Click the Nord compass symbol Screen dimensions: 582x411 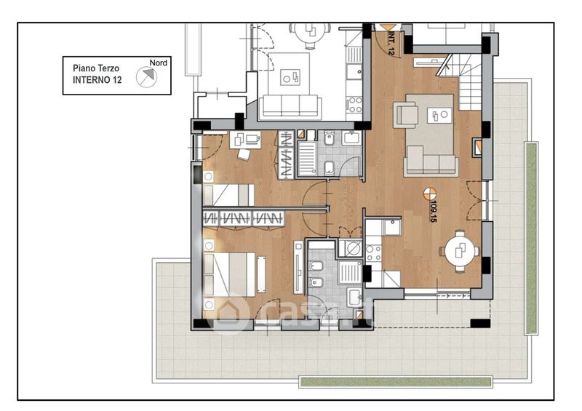point(146,77)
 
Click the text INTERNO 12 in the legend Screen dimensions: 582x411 point(97,80)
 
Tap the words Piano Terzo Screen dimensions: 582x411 point(96,68)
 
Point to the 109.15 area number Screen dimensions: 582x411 point(432,212)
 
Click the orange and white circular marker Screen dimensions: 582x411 point(430,193)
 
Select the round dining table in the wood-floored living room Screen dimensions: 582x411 point(460,252)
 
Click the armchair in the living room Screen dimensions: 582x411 point(407,115)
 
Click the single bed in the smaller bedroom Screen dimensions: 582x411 point(228,194)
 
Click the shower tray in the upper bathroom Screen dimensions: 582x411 point(307,158)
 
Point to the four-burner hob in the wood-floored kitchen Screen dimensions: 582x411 point(373,253)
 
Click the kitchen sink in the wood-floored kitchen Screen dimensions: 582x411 point(392,227)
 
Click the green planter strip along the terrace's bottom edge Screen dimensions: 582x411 point(396,382)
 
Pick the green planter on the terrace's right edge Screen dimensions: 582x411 point(532,239)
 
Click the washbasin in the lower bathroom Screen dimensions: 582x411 point(354,296)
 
